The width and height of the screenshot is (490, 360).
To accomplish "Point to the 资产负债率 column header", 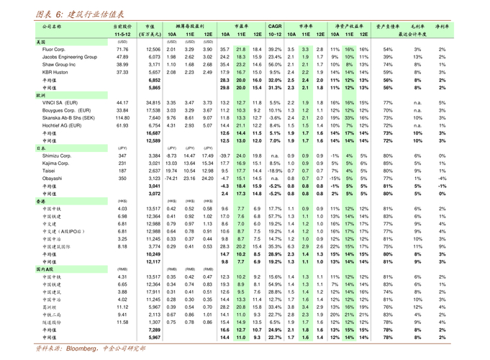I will (x=387, y=27).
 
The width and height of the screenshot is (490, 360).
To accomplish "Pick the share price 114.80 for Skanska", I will (x=122, y=118).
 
